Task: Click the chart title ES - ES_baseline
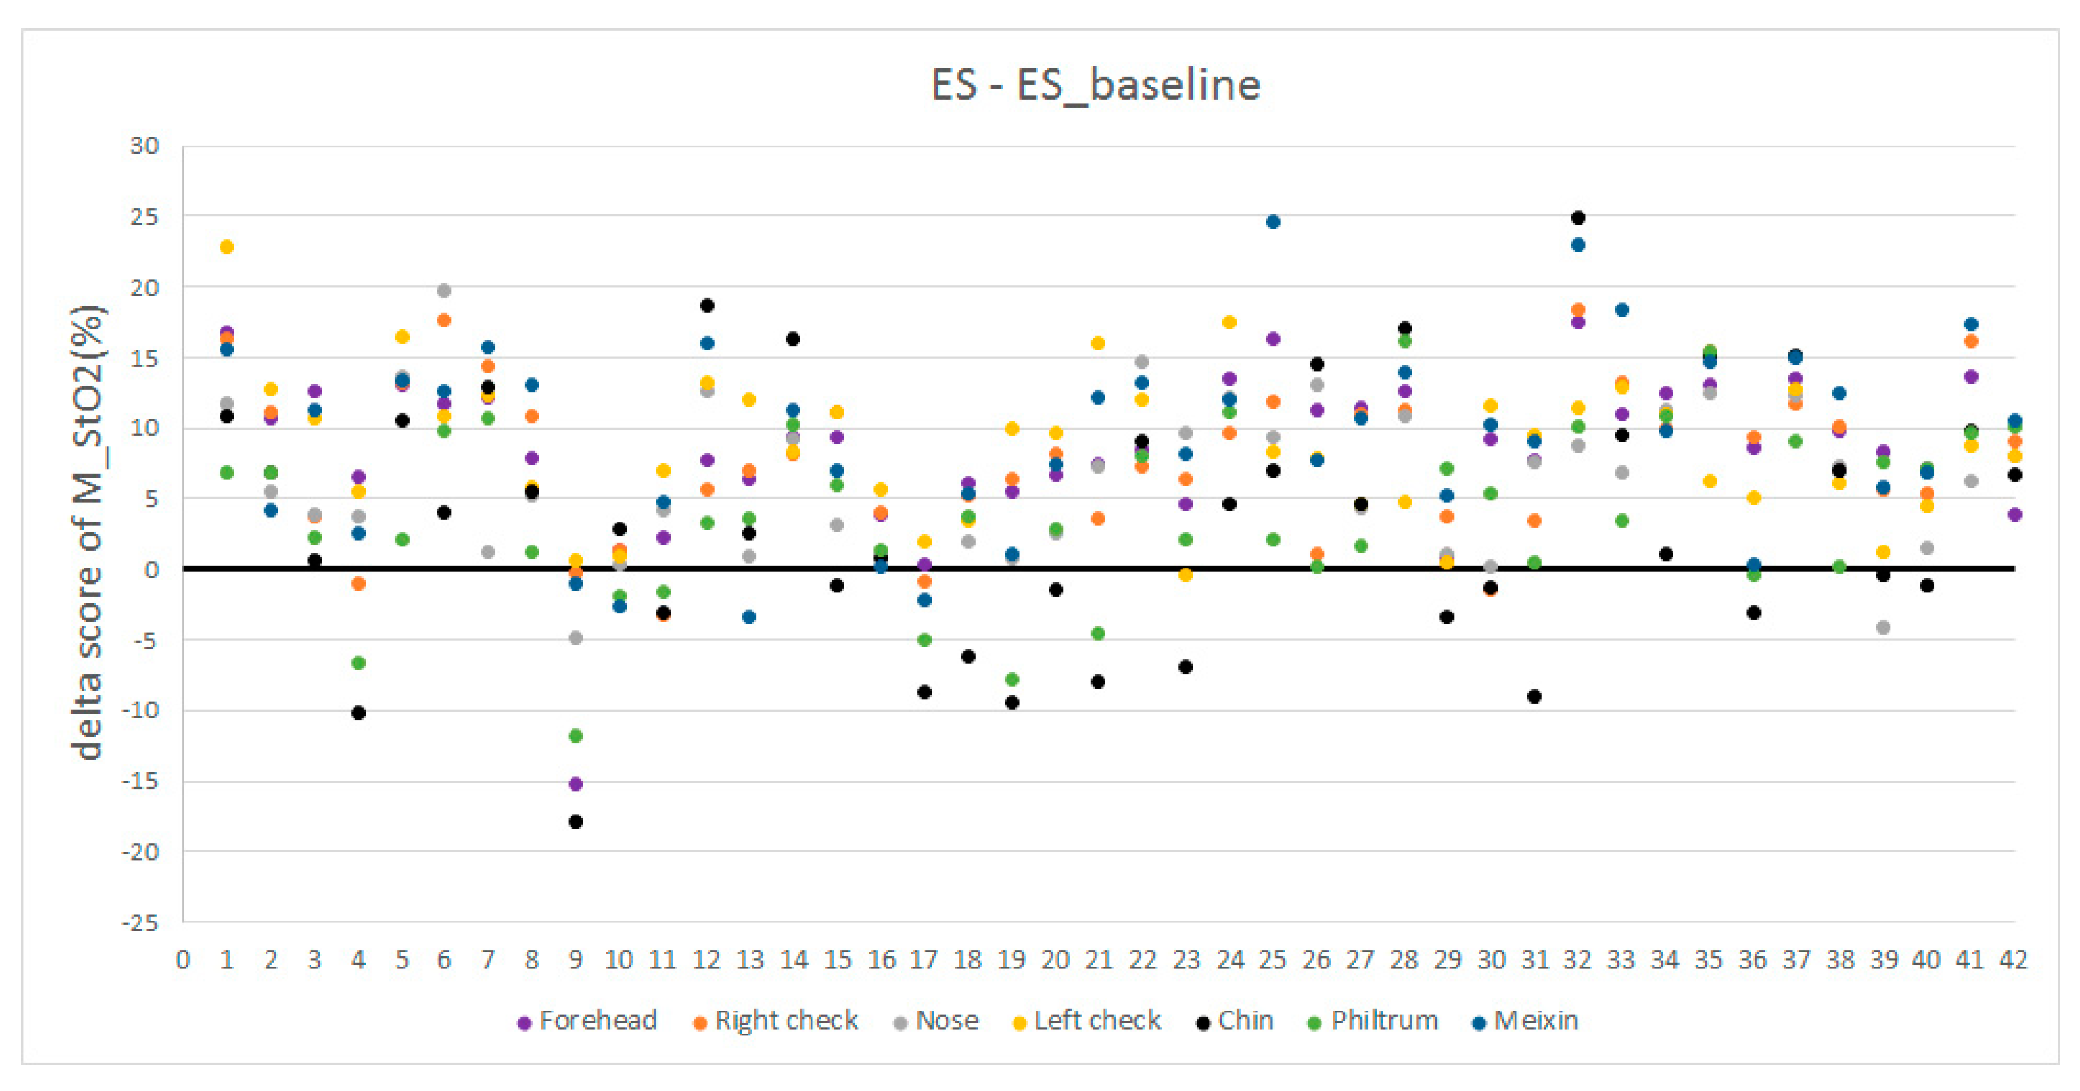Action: pyautogui.click(x=1095, y=85)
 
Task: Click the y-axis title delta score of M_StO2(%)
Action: pyautogui.click(x=88, y=533)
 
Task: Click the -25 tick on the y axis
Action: pyautogui.click(x=140, y=922)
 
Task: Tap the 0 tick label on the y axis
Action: pyautogui.click(x=151, y=570)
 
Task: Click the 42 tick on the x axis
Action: pyautogui.click(x=2014, y=960)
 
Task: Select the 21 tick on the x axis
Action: pyautogui.click(x=1098, y=960)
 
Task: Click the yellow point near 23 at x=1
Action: pyautogui.click(x=227, y=247)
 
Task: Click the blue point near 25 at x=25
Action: pyautogui.click(x=1273, y=222)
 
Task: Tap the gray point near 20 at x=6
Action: pyautogui.click(x=444, y=290)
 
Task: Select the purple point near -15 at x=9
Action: pyautogui.click(x=576, y=784)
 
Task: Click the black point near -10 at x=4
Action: pyautogui.click(x=359, y=713)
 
